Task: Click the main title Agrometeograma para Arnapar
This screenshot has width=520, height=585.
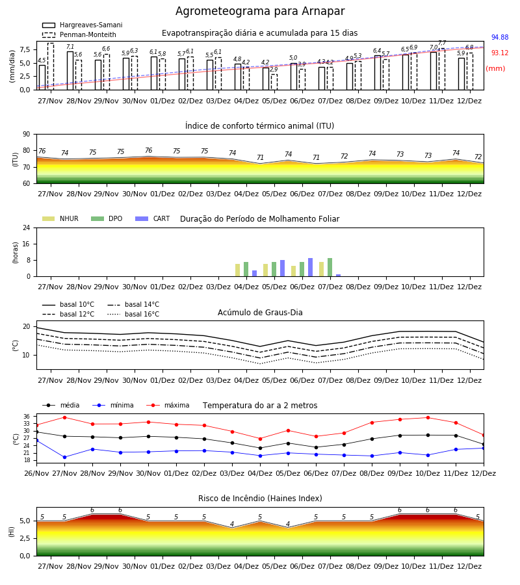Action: (260, 11)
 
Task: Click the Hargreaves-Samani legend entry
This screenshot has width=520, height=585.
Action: (82, 25)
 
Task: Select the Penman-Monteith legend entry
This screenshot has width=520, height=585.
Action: (79, 34)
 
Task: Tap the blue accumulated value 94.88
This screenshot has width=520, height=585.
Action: (500, 37)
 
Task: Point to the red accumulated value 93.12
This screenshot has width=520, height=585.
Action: (500, 53)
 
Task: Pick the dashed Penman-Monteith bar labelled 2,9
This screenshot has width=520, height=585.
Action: (274, 82)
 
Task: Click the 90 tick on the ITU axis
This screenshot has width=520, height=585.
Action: (27, 135)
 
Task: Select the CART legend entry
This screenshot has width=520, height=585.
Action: (153, 218)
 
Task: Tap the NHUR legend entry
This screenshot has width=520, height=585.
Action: (60, 218)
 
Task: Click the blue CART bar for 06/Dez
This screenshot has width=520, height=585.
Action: (310, 267)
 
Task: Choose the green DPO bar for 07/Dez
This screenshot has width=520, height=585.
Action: (330, 267)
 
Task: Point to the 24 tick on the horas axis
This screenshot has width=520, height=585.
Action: (27, 227)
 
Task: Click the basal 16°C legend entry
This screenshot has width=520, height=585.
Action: (133, 314)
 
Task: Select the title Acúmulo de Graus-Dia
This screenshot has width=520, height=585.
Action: (260, 313)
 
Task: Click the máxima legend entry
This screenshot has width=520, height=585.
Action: (168, 405)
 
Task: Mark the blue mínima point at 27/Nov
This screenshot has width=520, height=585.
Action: (64, 458)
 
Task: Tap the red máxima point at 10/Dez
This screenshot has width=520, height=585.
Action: (428, 418)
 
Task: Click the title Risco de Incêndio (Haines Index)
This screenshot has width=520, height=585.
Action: (260, 499)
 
